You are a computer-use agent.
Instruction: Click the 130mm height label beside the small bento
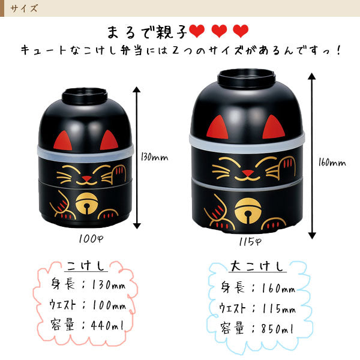tap(154, 157)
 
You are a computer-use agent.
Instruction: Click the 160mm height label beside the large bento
tap(332, 163)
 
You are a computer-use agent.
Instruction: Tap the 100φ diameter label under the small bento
tap(91, 239)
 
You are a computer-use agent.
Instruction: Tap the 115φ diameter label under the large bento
tap(250, 241)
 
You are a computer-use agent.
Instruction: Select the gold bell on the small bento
tap(86, 203)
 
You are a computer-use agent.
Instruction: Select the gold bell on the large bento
tap(248, 211)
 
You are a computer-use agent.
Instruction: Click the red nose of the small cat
tap(86, 178)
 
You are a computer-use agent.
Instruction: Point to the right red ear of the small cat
tap(109, 140)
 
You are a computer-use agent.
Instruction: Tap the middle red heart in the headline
tap(219, 31)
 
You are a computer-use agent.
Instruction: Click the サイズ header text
tap(23, 8)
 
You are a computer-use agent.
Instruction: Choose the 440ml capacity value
tap(107, 325)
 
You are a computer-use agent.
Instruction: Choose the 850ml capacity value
tap(277, 329)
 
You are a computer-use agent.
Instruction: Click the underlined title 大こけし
tap(257, 266)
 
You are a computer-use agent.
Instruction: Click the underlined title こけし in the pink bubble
tap(86, 266)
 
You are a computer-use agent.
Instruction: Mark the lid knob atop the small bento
tap(85, 96)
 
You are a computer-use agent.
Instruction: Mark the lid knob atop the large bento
tap(246, 78)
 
